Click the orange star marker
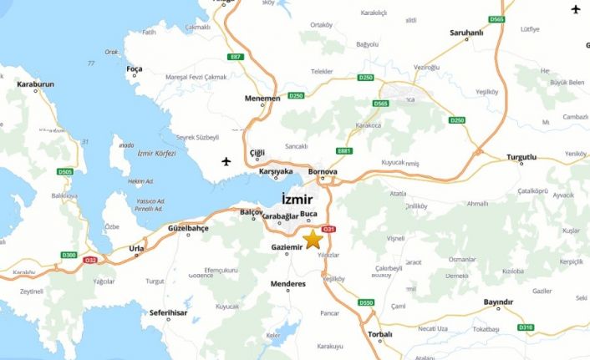click(313, 239)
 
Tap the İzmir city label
click(298, 199)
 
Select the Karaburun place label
click(32, 84)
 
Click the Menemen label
click(263, 99)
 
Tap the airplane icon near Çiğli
click(226, 160)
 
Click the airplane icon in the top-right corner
click(576, 9)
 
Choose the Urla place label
click(136, 248)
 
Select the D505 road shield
click(65, 172)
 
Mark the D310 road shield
click(525, 327)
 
